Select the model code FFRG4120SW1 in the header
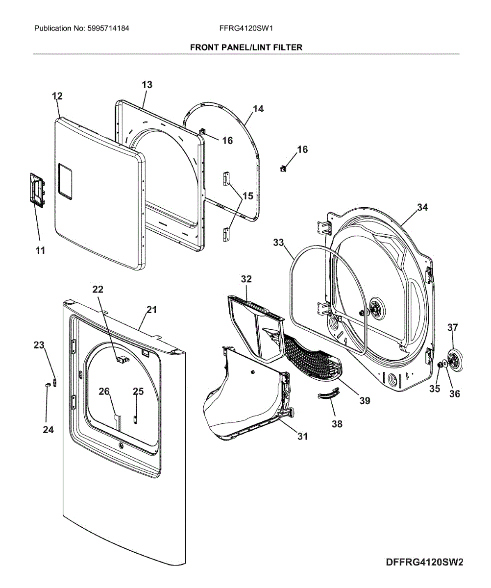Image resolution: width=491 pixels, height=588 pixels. [x=246, y=28]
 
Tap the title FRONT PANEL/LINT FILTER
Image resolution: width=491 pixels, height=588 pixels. [x=246, y=48]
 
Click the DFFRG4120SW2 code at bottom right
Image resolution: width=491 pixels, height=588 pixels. [x=424, y=563]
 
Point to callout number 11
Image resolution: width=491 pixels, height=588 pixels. [x=40, y=250]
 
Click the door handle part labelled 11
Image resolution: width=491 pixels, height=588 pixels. [x=37, y=191]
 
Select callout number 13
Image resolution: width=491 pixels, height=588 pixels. [x=147, y=84]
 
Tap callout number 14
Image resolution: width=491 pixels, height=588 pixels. [x=258, y=109]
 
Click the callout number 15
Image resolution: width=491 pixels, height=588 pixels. [x=248, y=196]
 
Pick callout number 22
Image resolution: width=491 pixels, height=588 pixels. [x=98, y=289]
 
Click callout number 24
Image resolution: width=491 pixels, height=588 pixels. [x=48, y=429]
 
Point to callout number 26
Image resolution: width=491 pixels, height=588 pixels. [x=104, y=391]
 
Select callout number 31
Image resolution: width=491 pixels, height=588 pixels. [x=303, y=436]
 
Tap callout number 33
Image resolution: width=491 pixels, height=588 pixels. [x=279, y=242]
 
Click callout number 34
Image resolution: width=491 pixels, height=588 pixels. [x=422, y=207]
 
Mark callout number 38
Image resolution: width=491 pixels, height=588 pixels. [x=337, y=424]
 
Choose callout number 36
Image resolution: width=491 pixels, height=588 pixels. [x=455, y=393]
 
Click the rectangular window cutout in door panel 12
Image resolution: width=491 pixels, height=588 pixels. [x=65, y=182]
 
